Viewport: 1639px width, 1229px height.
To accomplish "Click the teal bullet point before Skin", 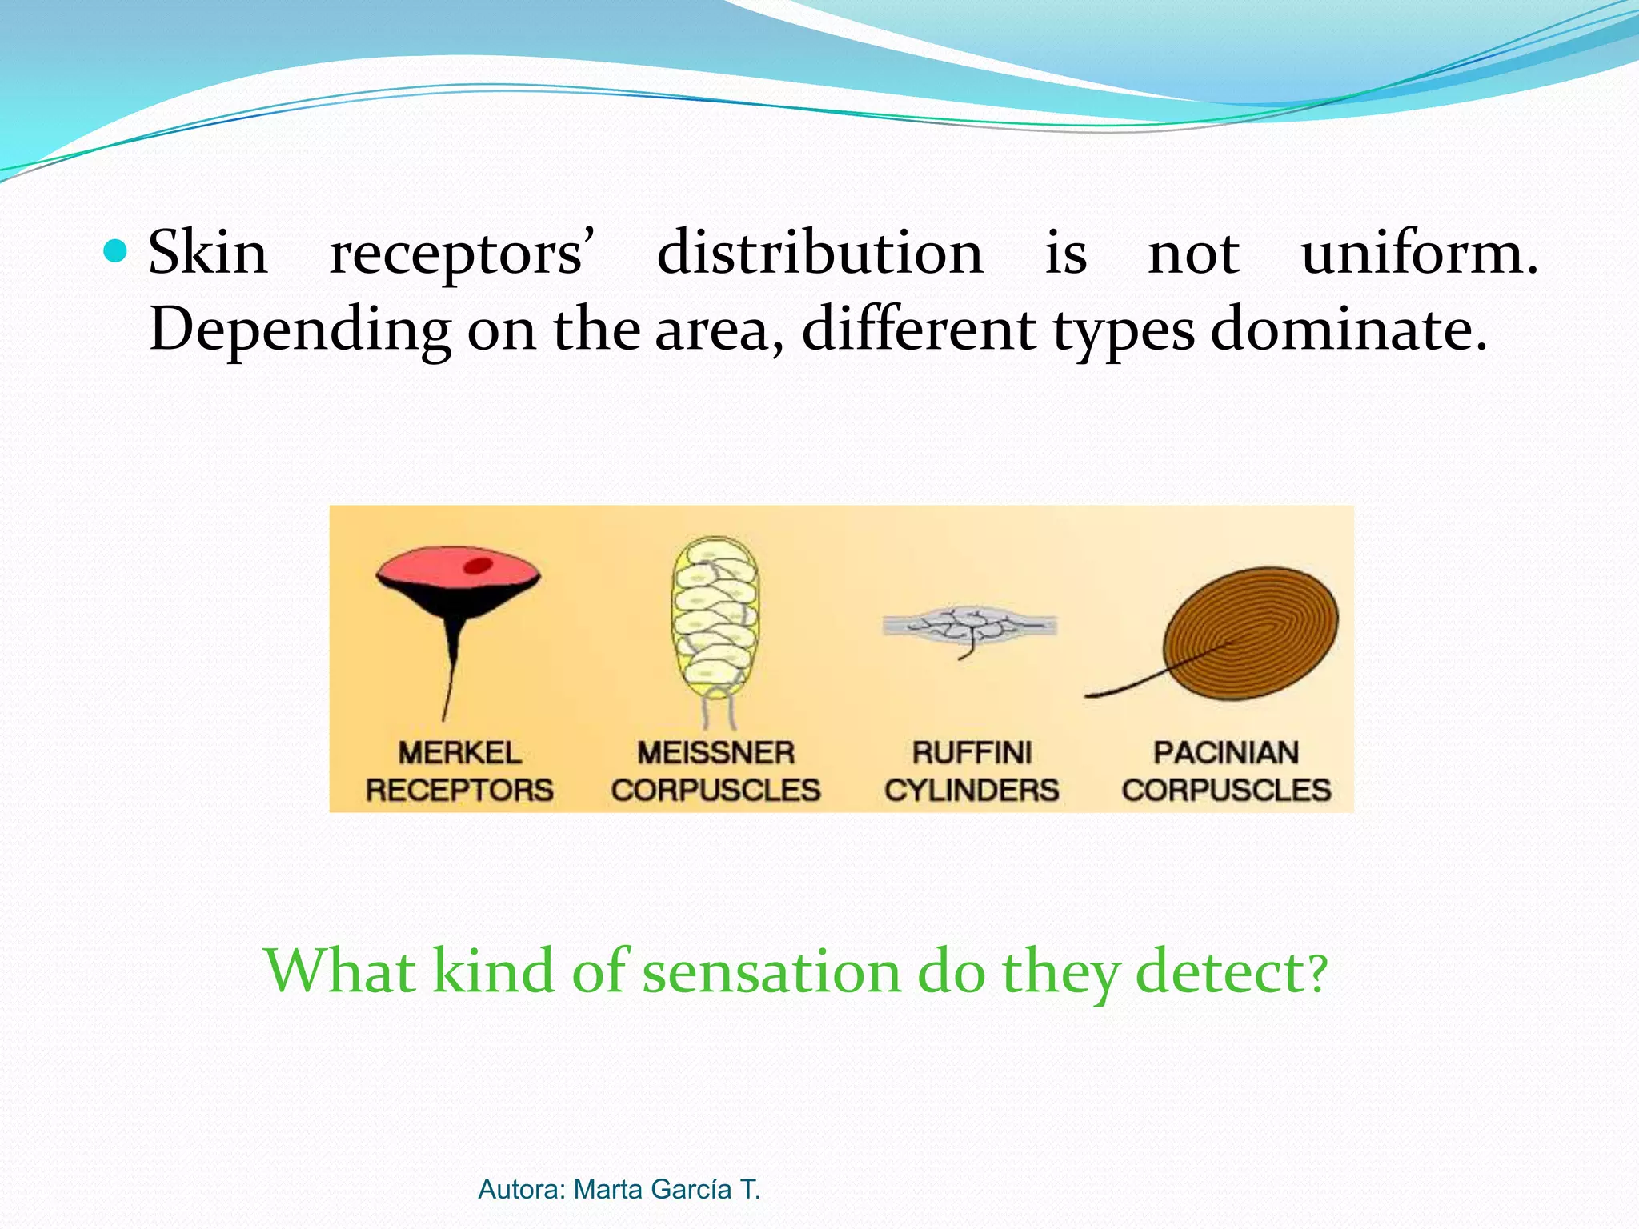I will click(x=116, y=252).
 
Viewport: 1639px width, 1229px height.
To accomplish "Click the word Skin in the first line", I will click(x=207, y=252).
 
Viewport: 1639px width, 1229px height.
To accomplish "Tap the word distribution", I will click(x=819, y=252).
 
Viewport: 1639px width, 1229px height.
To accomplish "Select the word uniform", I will click(x=1419, y=252).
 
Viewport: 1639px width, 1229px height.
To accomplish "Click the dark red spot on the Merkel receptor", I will click(x=478, y=566).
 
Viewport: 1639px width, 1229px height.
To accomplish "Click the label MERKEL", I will click(x=459, y=753).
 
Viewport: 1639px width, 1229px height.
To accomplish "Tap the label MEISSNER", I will click(x=715, y=753).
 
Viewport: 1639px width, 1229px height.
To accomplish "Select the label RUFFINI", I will click(x=972, y=753).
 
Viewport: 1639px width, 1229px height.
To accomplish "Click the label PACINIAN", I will click(x=1226, y=753).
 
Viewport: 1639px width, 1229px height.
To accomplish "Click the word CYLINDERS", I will click(x=972, y=791).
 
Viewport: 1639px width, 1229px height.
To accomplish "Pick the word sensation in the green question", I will click(x=771, y=971).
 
